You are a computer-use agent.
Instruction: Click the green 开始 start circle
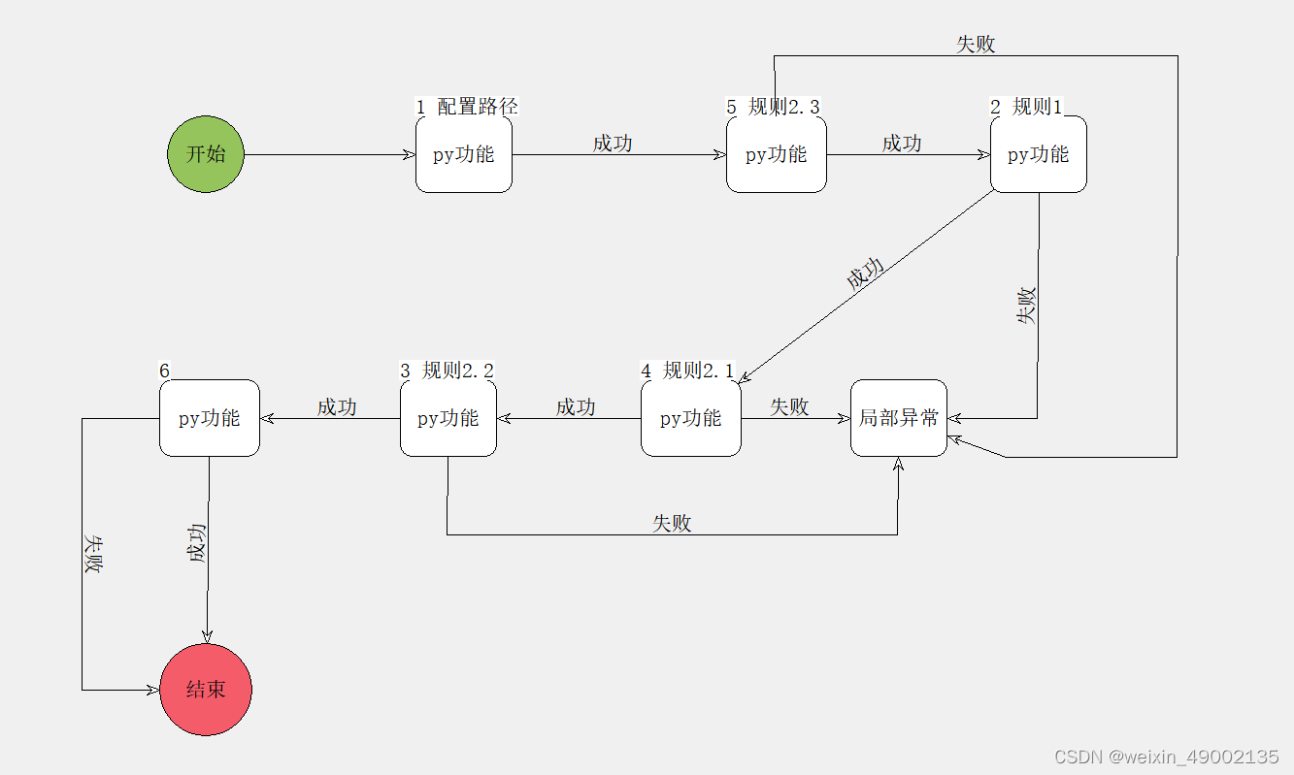(x=205, y=154)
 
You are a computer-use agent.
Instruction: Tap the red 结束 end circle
(x=206, y=689)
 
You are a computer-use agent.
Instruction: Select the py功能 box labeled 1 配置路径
(x=464, y=154)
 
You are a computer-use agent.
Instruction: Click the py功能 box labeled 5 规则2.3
(x=777, y=154)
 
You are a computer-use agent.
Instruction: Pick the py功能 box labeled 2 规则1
(x=1038, y=154)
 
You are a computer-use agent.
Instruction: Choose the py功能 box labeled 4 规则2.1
(x=691, y=418)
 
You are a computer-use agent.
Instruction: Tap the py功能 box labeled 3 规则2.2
(x=448, y=418)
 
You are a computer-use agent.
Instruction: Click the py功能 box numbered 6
(x=210, y=418)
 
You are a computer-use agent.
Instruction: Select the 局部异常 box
(x=899, y=418)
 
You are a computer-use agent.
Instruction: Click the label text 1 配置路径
(x=467, y=106)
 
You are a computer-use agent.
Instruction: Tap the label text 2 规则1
(x=1027, y=106)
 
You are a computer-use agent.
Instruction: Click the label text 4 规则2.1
(x=688, y=370)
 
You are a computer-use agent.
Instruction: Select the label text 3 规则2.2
(x=448, y=370)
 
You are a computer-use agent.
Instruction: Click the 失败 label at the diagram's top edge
(x=976, y=44)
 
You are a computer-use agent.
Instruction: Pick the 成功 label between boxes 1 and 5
(x=613, y=143)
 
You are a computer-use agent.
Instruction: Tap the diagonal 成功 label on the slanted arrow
(x=865, y=274)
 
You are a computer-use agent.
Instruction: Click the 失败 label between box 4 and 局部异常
(x=789, y=406)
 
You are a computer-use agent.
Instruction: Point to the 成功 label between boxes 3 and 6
(x=337, y=406)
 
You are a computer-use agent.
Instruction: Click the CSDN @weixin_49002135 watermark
(x=1166, y=757)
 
